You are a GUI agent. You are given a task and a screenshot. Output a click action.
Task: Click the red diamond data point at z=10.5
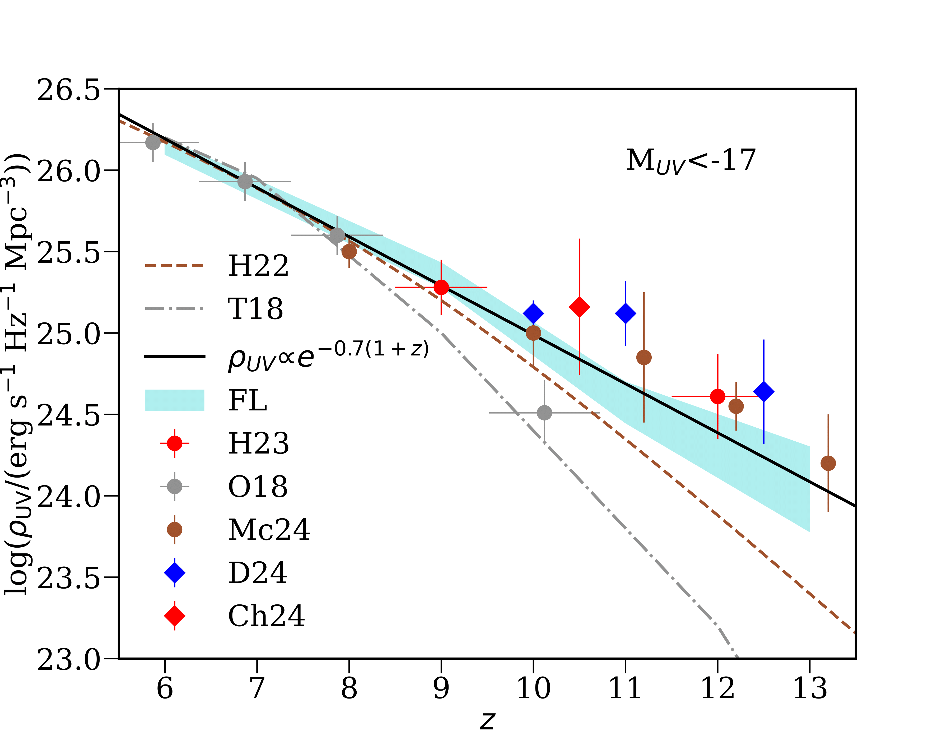tap(579, 307)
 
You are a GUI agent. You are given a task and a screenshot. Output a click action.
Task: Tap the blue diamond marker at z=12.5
tap(763, 392)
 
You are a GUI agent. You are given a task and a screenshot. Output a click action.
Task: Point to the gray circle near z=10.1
tap(544, 413)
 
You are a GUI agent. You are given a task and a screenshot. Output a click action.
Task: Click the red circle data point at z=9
tap(441, 288)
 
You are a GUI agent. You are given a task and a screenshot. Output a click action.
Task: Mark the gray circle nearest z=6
tap(153, 142)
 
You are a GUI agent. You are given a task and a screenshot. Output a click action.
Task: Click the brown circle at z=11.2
tap(644, 357)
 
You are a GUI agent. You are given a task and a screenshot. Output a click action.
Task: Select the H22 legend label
tap(258, 266)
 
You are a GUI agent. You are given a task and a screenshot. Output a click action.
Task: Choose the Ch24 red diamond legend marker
tap(175, 616)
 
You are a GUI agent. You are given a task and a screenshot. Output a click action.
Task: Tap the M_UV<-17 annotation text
tap(691, 161)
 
